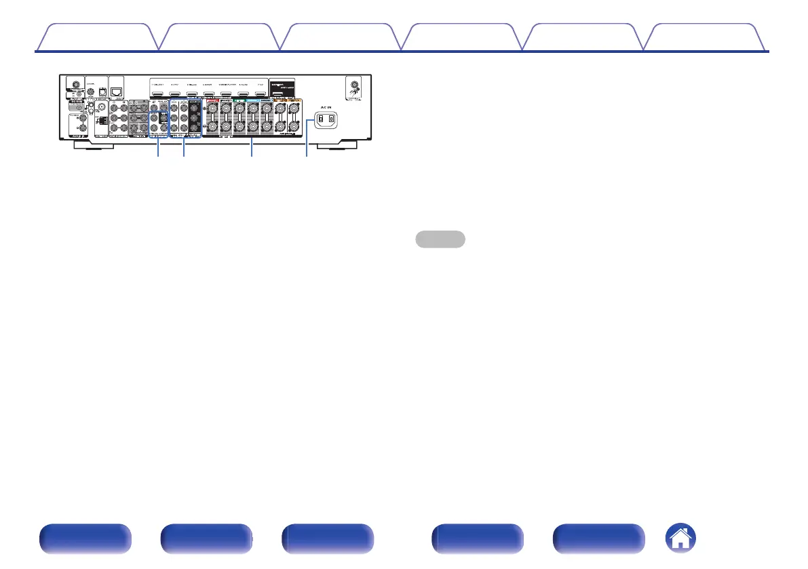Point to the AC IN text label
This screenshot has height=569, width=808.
(323, 107)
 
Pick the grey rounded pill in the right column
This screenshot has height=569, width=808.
(440, 239)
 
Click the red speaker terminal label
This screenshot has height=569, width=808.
(214, 100)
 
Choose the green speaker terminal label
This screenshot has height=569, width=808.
(239, 100)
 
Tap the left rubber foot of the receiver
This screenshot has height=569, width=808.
(82, 143)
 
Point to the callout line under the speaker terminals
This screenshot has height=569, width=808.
(252, 146)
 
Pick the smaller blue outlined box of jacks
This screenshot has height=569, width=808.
(158, 117)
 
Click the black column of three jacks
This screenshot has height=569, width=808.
(196, 117)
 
